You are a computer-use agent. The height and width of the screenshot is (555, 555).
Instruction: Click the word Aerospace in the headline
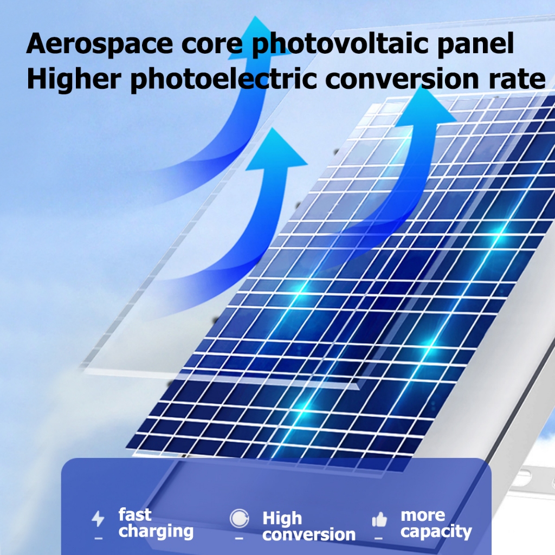point(100,44)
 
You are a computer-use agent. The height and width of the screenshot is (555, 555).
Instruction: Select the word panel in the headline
point(475,44)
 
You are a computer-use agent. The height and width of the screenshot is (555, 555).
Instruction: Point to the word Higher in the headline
point(74,79)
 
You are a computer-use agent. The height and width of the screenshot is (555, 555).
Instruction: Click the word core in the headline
point(212,44)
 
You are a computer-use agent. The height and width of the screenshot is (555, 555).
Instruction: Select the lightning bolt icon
point(98,519)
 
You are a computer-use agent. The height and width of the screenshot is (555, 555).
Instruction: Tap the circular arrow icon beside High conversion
point(239,519)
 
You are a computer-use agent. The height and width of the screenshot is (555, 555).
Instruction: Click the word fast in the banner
point(135,515)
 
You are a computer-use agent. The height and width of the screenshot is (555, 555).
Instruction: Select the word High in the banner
point(282,519)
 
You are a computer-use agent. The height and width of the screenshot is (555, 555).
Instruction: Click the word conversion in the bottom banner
point(309,534)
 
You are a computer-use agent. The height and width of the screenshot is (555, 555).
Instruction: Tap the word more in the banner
point(423,515)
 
